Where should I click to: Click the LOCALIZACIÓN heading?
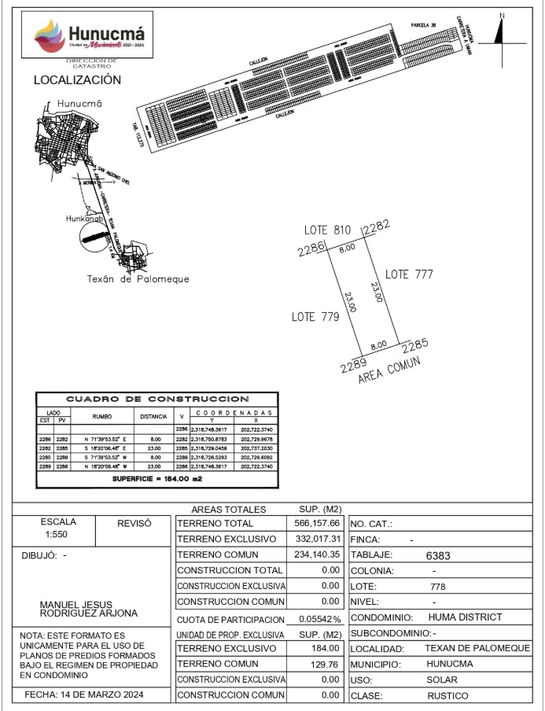[77, 80]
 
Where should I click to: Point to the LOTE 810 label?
[327, 230]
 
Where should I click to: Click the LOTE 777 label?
[409, 274]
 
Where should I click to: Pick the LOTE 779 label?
[315, 317]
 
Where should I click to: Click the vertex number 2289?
[355, 366]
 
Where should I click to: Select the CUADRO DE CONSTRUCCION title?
[157, 400]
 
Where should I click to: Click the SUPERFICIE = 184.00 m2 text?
[157, 478]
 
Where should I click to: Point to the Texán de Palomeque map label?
[138, 279]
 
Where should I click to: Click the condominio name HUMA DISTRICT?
[465, 617]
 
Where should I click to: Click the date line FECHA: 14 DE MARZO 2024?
[89, 695]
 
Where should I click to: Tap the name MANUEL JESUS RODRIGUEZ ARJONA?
[88, 609]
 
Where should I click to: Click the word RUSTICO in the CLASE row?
[447, 695]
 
